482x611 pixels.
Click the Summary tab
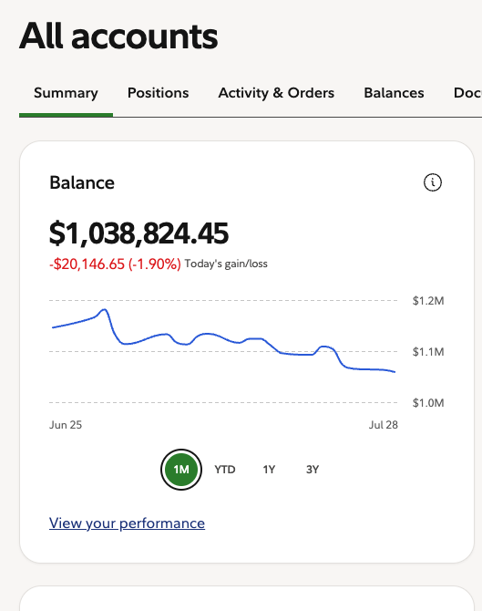tap(66, 93)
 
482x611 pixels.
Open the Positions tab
tap(158, 93)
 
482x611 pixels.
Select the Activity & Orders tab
tap(276, 93)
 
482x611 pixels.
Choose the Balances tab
tap(394, 93)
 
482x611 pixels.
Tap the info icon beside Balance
tap(433, 182)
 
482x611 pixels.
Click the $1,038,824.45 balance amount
tap(138, 233)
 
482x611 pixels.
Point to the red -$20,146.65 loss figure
tap(87, 264)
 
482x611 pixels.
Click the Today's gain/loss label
tap(226, 264)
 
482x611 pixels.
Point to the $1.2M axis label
tap(428, 301)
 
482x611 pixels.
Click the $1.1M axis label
tap(428, 352)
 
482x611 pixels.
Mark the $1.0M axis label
tap(428, 403)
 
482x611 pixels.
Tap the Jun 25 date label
tap(66, 425)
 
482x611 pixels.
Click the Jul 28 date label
tap(383, 425)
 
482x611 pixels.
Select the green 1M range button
tap(181, 470)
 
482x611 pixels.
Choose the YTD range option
tap(225, 470)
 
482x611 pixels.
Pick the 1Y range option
tap(269, 470)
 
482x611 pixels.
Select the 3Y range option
tap(313, 470)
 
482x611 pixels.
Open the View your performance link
tap(127, 523)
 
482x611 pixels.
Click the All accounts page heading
tap(118, 36)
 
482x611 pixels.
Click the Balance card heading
tap(82, 182)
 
